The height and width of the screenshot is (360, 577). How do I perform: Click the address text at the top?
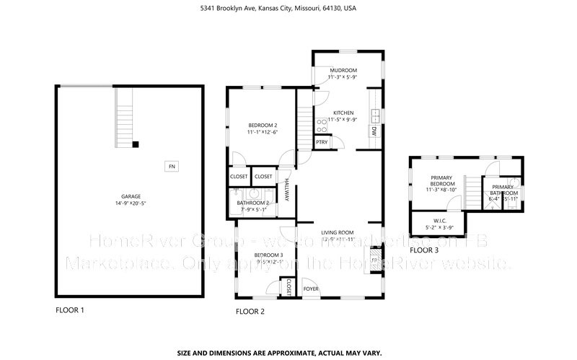(288, 9)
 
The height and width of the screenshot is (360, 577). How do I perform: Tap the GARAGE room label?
(131, 196)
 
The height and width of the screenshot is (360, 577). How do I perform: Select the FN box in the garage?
(172, 167)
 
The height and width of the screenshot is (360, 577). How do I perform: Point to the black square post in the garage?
(135, 145)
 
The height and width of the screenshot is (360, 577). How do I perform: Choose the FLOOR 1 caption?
(70, 309)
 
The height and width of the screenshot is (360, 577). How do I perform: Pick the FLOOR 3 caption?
(423, 250)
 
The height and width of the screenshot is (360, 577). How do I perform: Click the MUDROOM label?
(343, 71)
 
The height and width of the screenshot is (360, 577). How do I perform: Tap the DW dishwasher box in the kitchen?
(374, 131)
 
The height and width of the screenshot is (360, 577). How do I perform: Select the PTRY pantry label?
(322, 142)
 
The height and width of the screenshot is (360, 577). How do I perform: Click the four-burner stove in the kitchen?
(321, 126)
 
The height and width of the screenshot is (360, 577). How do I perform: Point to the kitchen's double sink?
(375, 113)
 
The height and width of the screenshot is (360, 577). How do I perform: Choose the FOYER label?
(311, 288)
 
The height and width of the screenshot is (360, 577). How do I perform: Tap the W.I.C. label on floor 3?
(438, 221)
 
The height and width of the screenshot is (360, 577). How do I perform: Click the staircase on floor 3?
(472, 192)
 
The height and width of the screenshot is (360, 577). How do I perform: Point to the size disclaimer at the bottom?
(288, 353)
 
